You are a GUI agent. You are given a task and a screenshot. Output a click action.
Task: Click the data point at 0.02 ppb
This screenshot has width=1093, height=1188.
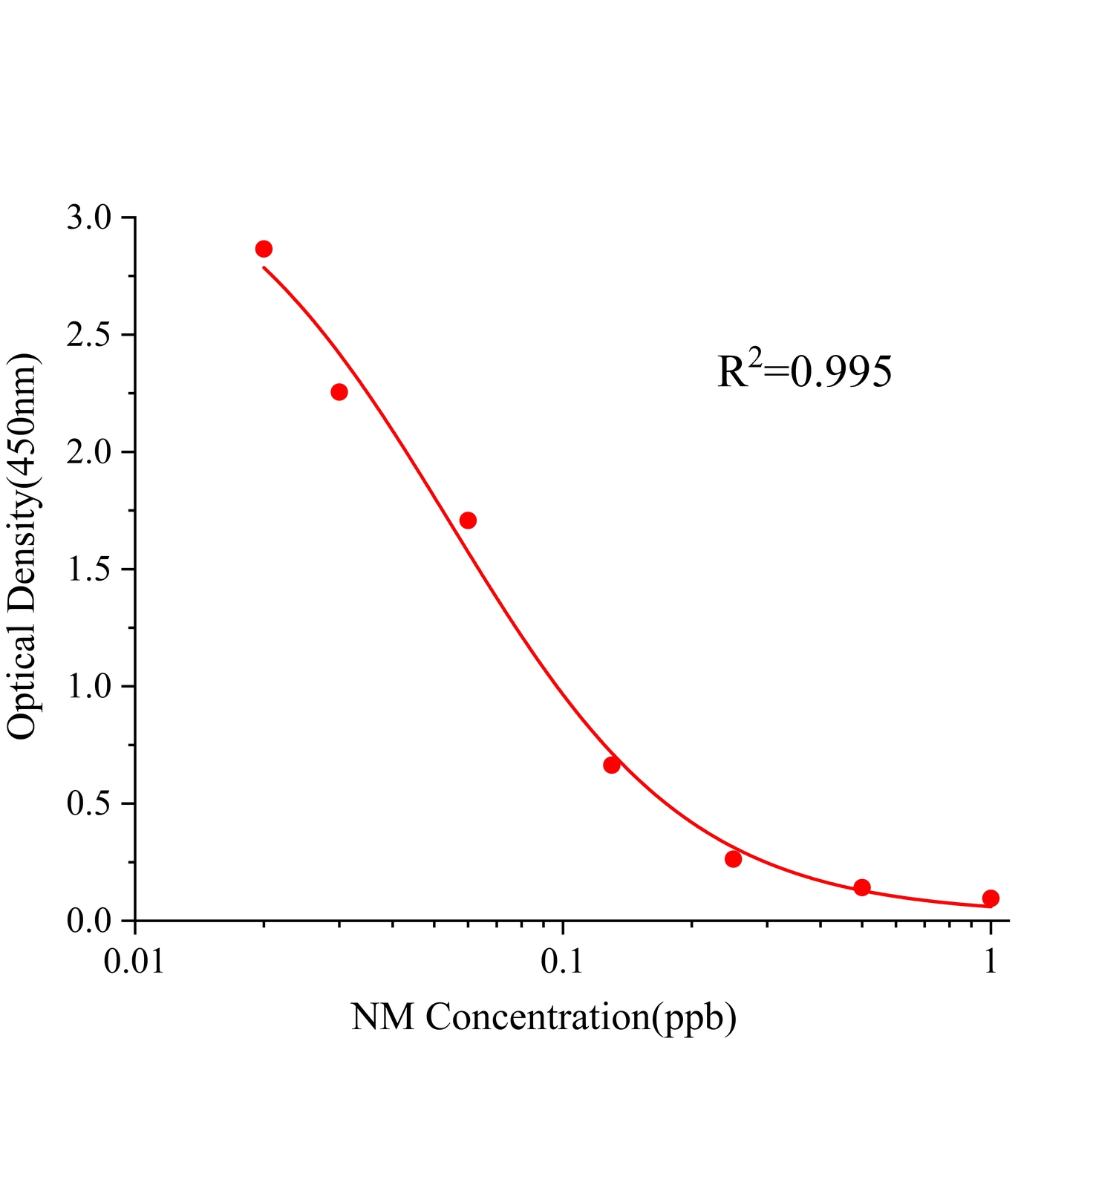coord(264,249)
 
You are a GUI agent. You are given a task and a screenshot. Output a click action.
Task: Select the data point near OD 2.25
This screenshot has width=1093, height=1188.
coord(339,392)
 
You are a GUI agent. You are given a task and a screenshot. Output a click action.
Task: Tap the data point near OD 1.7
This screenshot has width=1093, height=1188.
coord(468,520)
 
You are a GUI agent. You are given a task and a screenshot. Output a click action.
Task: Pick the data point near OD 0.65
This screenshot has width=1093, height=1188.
coord(612,766)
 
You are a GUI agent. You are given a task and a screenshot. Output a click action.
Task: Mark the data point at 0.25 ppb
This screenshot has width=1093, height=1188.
coord(734,859)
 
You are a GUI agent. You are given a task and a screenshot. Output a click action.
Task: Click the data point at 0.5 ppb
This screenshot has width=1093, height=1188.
coord(862,887)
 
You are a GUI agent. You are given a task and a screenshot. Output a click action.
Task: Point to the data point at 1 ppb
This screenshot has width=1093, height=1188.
coord(991,898)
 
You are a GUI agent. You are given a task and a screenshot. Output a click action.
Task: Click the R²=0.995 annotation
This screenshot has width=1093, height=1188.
coord(804,371)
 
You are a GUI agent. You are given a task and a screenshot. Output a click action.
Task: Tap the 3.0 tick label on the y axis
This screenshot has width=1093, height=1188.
coord(88,218)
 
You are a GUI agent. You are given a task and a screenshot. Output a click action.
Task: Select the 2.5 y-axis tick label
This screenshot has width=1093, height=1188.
coord(88,336)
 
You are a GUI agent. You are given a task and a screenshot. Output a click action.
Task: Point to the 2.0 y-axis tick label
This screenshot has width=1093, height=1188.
coord(88,453)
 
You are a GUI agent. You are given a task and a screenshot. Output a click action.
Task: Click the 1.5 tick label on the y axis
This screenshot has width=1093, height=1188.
coord(88,570)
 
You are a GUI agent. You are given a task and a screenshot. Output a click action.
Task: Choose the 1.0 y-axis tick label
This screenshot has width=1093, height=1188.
coord(88,687)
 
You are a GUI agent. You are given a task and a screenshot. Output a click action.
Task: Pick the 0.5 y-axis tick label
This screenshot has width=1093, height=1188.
coord(88,804)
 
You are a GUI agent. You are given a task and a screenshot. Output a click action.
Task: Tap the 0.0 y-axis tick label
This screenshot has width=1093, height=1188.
coord(88,921)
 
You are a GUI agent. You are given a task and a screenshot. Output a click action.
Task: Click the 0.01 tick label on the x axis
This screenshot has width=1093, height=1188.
coord(134,962)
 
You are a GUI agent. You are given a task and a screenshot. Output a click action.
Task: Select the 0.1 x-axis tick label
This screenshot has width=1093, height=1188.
coord(563,962)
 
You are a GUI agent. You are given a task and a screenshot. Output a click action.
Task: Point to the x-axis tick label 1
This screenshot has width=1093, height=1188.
coord(991,962)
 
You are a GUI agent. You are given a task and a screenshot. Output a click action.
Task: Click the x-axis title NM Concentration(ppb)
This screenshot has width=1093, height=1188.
coord(544,1017)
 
